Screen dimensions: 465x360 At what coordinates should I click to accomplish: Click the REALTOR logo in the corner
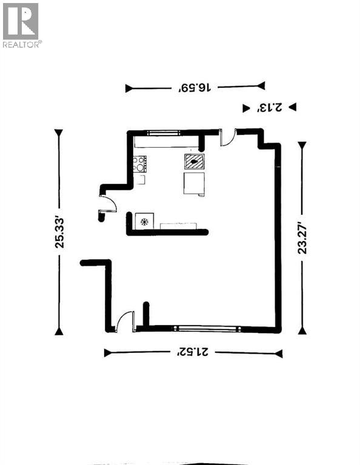(22, 25)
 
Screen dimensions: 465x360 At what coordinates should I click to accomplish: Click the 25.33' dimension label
(59, 232)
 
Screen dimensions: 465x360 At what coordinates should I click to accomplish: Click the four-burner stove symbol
(140, 163)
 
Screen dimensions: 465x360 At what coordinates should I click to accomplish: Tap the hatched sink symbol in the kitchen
(195, 162)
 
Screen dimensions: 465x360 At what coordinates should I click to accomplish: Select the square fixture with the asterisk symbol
(145, 221)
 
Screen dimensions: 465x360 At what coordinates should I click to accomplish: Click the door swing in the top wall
(228, 139)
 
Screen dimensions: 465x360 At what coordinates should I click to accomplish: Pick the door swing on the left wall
(107, 204)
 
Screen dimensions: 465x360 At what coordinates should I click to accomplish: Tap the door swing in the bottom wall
(125, 321)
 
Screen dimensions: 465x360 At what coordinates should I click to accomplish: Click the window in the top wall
(163, 131)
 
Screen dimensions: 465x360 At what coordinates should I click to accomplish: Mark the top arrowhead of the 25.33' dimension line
(59, 133)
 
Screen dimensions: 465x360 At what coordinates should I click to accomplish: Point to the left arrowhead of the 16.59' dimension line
(129, 88)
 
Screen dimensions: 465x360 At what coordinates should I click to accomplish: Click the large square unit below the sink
(193, 183)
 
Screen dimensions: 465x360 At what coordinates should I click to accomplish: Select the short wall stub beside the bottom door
(146, 313)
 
